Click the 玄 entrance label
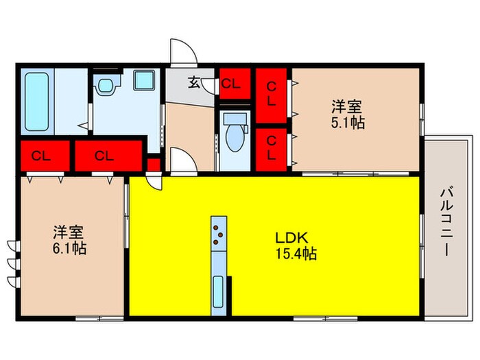click(x=194, y=83)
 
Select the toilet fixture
click(x=234, y=134)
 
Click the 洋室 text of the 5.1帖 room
click(x=348, y=108)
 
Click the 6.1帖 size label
click(x=70, y=248)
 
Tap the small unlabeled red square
click(x=153, y=165)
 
